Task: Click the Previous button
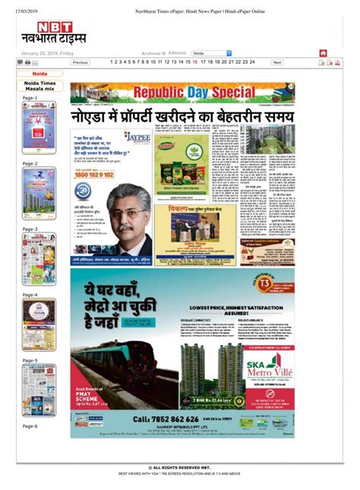click(81, 62)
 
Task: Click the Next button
click(277, 62)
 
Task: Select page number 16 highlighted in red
click(195, 62)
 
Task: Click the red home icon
click(323, 53)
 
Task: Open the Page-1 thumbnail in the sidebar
click(39, 128)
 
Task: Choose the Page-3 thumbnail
click(39, 259)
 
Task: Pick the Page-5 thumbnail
click(39, 390)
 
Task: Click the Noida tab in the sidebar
click(39, 74)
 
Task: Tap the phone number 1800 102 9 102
click(95, 174)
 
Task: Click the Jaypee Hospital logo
click(137, 138)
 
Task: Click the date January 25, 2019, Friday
click(47, 54)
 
